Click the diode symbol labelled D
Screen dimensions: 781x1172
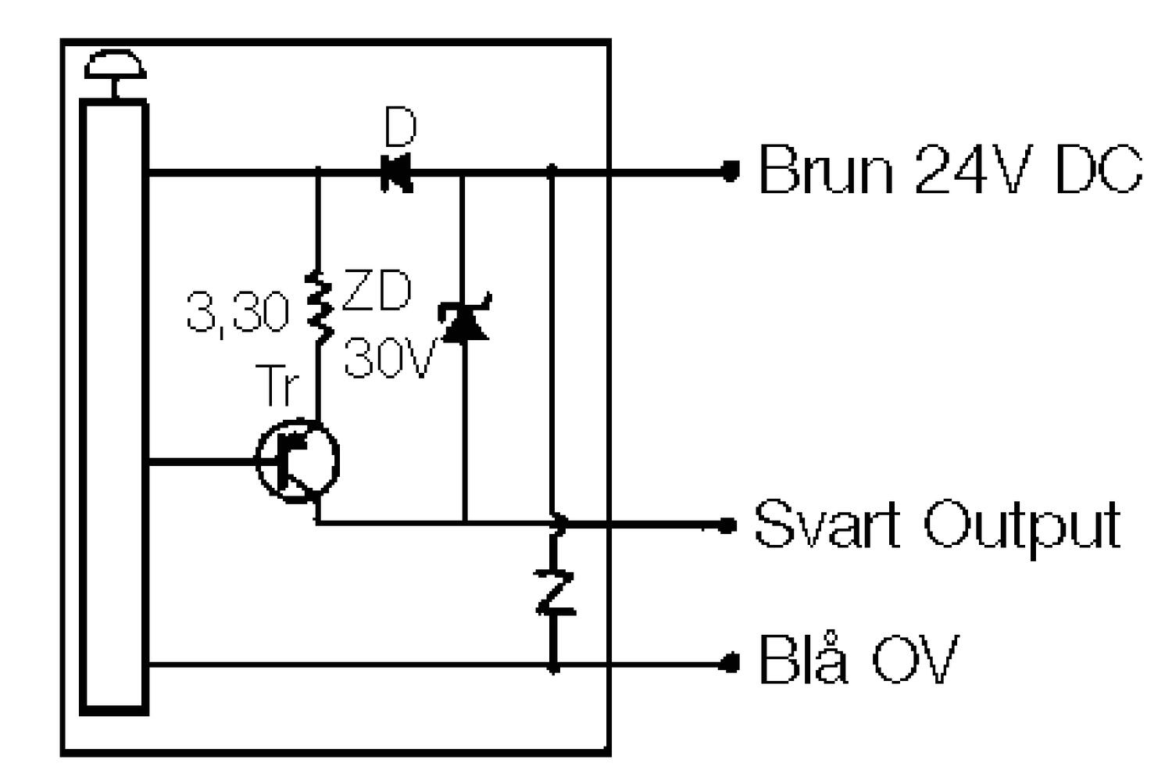397,174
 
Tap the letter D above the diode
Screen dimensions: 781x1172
400,127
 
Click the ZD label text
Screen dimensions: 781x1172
377,291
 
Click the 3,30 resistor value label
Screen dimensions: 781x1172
238,313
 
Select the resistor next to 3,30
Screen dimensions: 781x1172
319,309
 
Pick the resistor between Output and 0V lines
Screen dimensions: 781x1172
555,593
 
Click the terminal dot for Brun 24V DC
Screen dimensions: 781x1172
730,171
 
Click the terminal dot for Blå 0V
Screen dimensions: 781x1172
730,664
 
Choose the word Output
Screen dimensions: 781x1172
1023,525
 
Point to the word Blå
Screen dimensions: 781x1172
803,658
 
